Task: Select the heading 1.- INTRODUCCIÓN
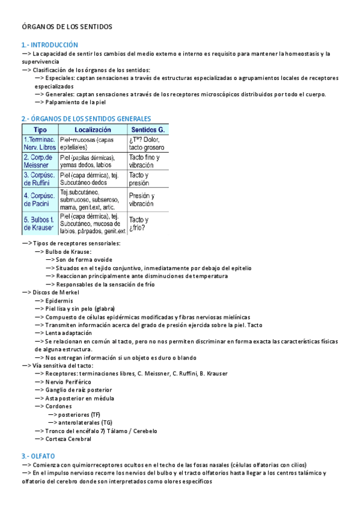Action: (50, 45)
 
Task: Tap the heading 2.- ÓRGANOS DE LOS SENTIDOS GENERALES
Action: (86, 119)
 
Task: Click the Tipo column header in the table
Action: (40, 130)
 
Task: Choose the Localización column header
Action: (93, 130)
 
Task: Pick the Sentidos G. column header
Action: (148, 130)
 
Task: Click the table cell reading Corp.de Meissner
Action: (40, 161)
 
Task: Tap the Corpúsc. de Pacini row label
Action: (40, 200)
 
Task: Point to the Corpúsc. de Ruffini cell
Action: (40, 179)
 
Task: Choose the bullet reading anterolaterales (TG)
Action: (85, 423)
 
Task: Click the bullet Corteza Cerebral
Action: (68, 439)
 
